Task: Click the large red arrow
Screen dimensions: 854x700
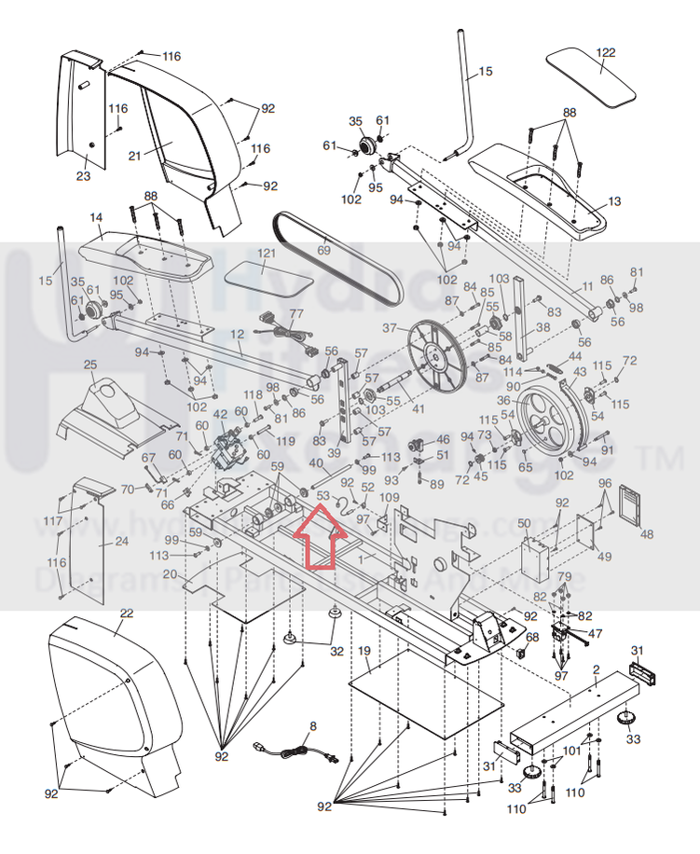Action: (x=317, y=535)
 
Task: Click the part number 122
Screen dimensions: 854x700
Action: (x=607, y=52)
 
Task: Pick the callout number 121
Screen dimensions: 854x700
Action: (x=268, y=254)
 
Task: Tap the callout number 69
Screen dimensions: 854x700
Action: (x=323, y=250)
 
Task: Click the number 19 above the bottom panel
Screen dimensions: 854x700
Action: (x=364, y=649)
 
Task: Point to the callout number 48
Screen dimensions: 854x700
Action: (x=646, y=534)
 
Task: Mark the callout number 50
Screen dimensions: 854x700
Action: (x=524, y=524)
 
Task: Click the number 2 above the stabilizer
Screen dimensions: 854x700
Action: (x=596, y=670)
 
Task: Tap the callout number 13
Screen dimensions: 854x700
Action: (x=613, y=201)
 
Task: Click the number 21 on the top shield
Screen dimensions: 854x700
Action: (x=135, y=156)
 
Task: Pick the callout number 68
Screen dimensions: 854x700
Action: (x=533, y=638)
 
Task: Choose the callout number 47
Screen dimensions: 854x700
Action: (x=596, y=633)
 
